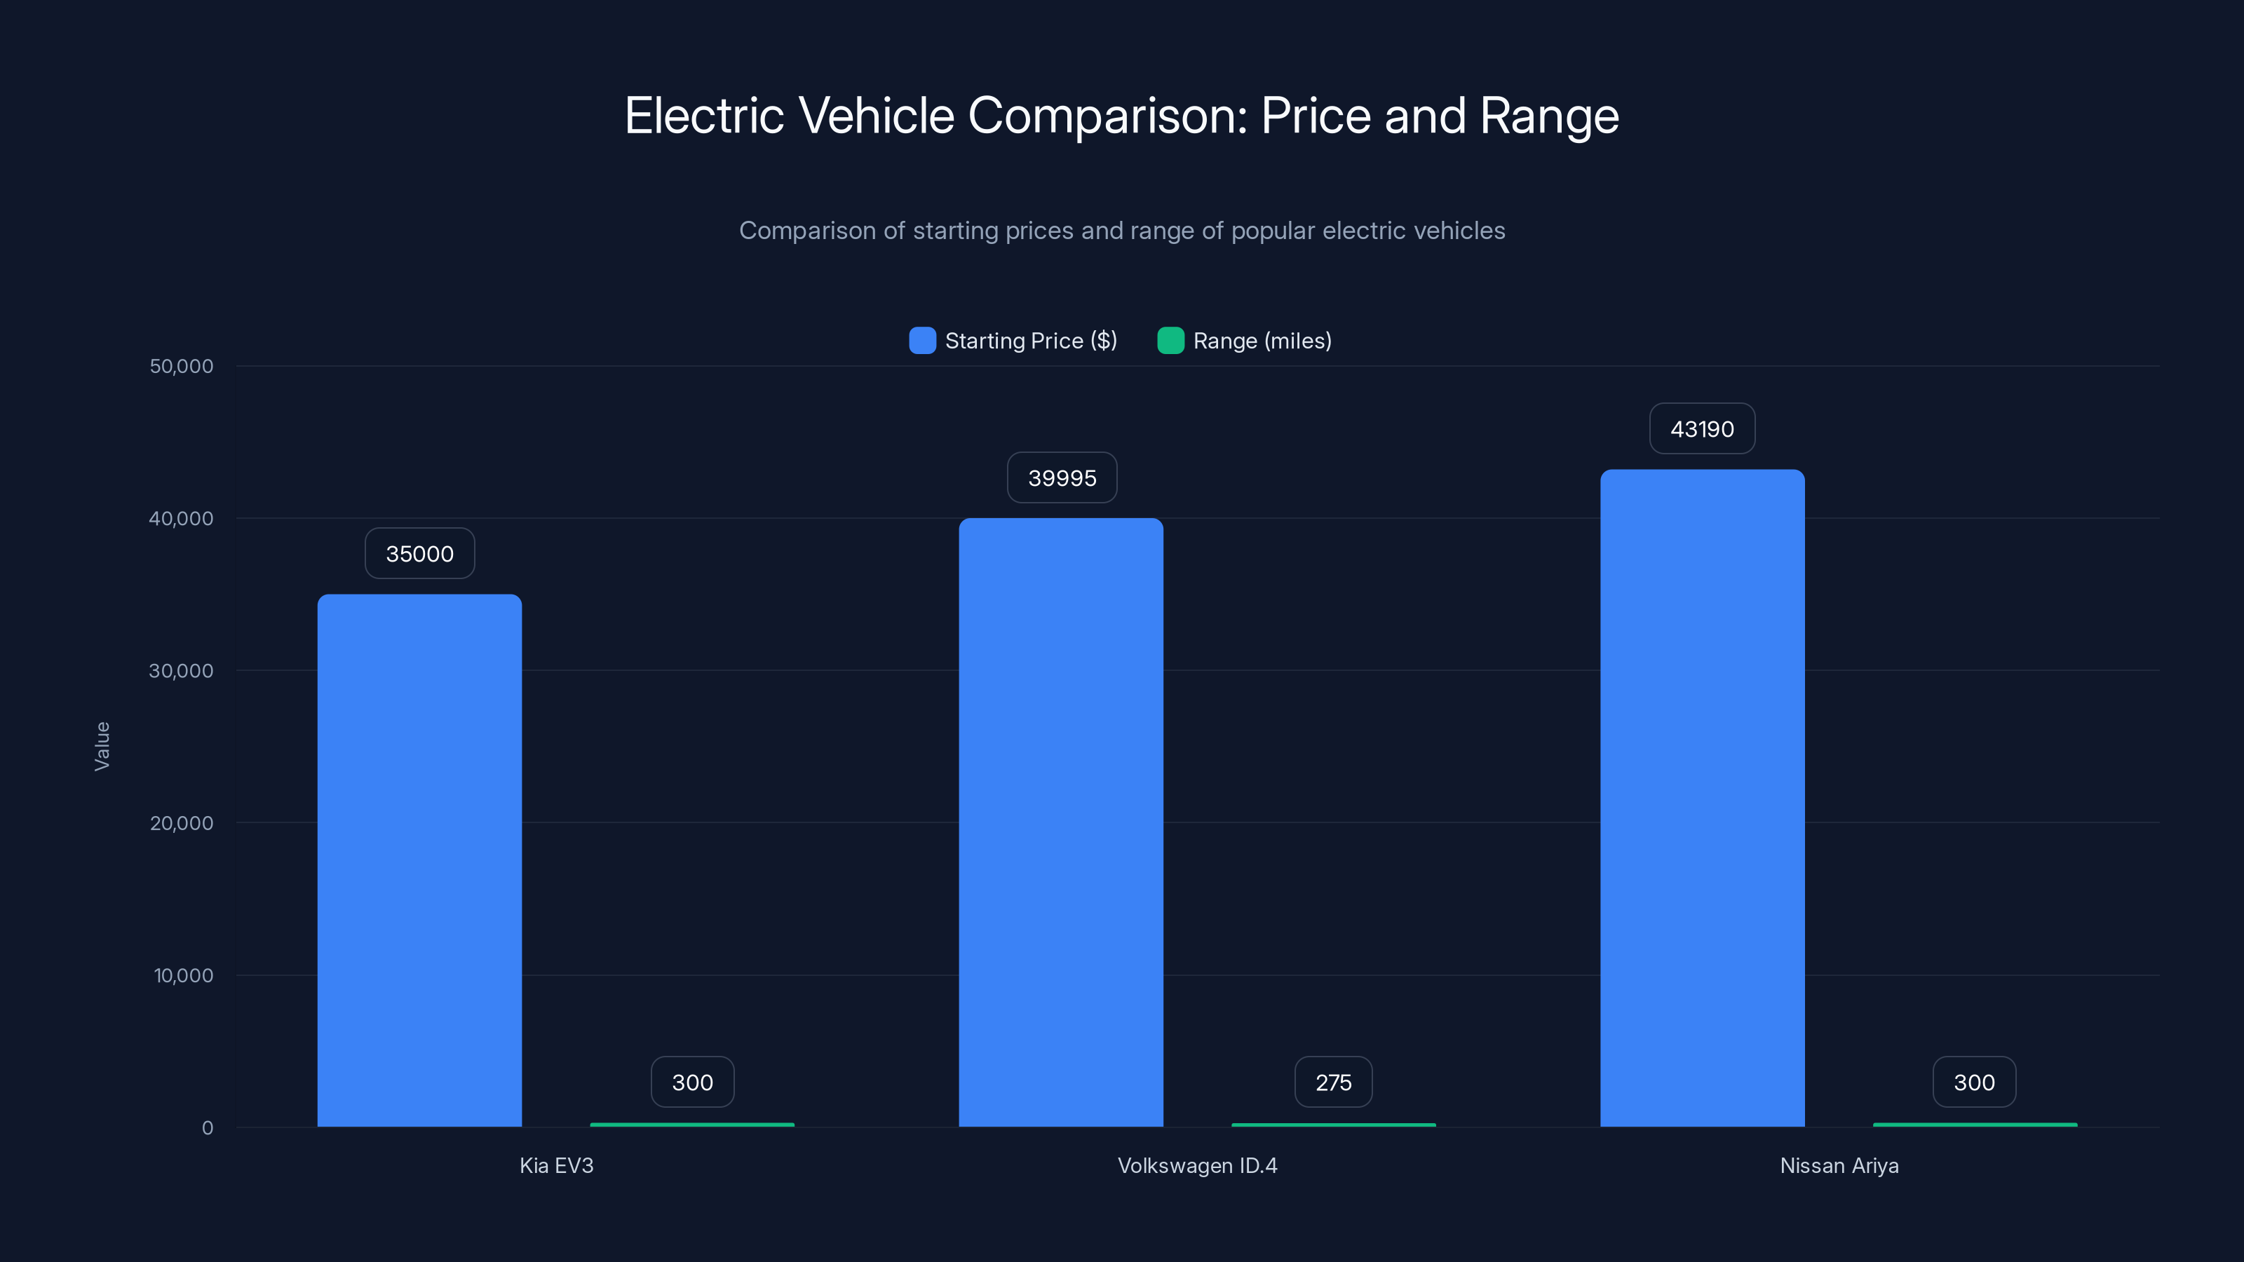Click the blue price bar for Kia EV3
point(419,860)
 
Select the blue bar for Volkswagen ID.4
point(1061,822)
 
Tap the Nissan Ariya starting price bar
point(1702,798)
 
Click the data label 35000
point(419,554)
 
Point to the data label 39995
point(1062,478)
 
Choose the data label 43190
point(1702,428)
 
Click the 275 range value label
point(1333,1083)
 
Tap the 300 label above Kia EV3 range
point(693,1083)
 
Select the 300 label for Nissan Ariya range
point(1974,1083)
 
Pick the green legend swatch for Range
point(1170,341)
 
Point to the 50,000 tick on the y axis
point(181,367)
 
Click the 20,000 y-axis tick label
point(181,823)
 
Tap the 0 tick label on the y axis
point(208,1128)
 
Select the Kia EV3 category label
point(557,1165)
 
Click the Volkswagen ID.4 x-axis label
point(1197,1165)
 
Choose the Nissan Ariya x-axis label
point(1839,1165)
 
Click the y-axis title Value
point(102,747)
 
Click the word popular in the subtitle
point(1273,231)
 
